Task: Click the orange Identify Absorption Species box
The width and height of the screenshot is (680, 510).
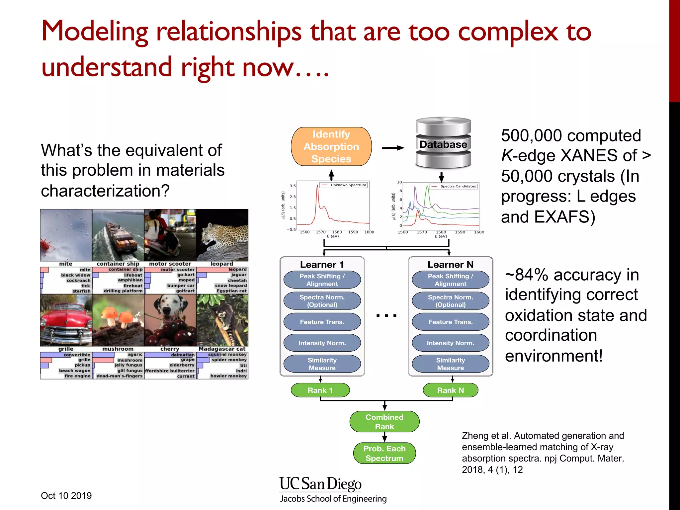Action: point(331,146)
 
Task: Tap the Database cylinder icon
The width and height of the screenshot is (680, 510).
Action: point(443,144)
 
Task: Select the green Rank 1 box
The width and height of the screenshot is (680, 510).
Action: point(320,390)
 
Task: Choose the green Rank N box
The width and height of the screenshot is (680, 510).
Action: point(450,390)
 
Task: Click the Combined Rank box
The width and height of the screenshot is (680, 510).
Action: point(384,422)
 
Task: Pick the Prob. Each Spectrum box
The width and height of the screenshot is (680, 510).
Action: point(384,453)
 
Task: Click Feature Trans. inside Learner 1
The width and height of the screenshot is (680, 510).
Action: point(322,322)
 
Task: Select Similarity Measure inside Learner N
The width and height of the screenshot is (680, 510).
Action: point(450,364)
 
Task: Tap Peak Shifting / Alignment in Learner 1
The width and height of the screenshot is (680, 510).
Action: point(322,280)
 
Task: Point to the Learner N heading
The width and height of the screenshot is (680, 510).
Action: point(450,265)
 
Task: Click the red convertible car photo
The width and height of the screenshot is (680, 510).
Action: point(66,320)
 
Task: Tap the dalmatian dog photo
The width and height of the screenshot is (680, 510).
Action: point(170,320)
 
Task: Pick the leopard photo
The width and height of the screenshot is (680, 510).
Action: point(222,235)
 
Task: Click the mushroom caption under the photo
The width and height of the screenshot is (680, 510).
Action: point(118,349)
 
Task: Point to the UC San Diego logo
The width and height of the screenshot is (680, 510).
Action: point(321,484)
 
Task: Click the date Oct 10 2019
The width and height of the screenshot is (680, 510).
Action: point(66,496)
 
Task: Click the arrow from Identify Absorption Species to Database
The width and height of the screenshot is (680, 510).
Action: point(393,148)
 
